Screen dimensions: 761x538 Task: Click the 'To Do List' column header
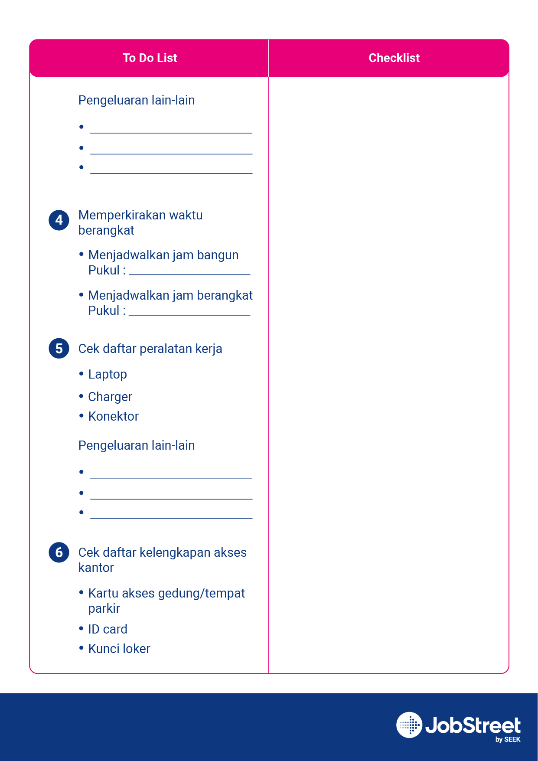pyautogui.click(x=150, y=58)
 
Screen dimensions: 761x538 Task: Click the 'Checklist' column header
pyautogui.click(x=394, y=58)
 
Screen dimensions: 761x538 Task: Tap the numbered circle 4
pyautogui.click(x=59, y=220)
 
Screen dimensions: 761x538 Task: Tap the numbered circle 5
pyautogui.click(x=59, y=349)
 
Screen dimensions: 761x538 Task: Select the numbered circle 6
pyautogui.click(x=59, y=552)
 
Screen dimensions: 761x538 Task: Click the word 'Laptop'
pyautogui.click(x=108, y=374)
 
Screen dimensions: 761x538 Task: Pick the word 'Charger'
pyautogui.click(x=110, y=397)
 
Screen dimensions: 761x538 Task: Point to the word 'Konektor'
pyautogui.click(x=113, y=416)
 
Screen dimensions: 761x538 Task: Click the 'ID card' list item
pyautogui.click(x=108, y=629)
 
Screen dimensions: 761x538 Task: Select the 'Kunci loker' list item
pyautogui.click(x=119, y=649)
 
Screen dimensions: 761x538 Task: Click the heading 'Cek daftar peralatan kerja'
pyautogui.click(x=150, y=349)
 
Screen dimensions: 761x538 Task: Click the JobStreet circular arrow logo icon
pyautogui.click(x=409, y=725)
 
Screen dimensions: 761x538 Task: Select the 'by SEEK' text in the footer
pyautogui.click(x=508, y=740)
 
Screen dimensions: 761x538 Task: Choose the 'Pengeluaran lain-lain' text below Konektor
pyautogui.click(x=137, y=445)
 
